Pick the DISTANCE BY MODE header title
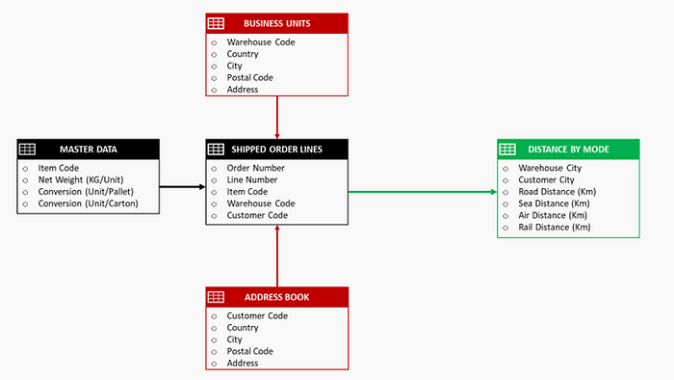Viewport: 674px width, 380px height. [x=569, y=149]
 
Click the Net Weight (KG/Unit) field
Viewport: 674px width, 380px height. [x=81, y=179]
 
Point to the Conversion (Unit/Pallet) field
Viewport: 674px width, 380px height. [x=88, y=191]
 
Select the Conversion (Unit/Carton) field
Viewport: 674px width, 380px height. [x=88, y=204]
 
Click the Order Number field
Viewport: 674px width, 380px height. [x=255, y=168]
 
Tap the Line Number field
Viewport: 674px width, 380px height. [x=252, y=179]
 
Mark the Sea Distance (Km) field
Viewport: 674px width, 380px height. [x=553, y=204]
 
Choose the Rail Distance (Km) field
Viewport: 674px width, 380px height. [x=553, y=228]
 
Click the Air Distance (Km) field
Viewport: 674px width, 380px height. [x=551, y=215]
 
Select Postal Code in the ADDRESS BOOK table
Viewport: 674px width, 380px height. [x=250, y=351]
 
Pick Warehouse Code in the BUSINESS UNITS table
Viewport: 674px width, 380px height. [x=261, y=42]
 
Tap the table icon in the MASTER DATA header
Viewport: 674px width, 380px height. [x=28, y=149]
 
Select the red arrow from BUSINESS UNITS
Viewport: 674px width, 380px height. [x=277, y=118]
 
